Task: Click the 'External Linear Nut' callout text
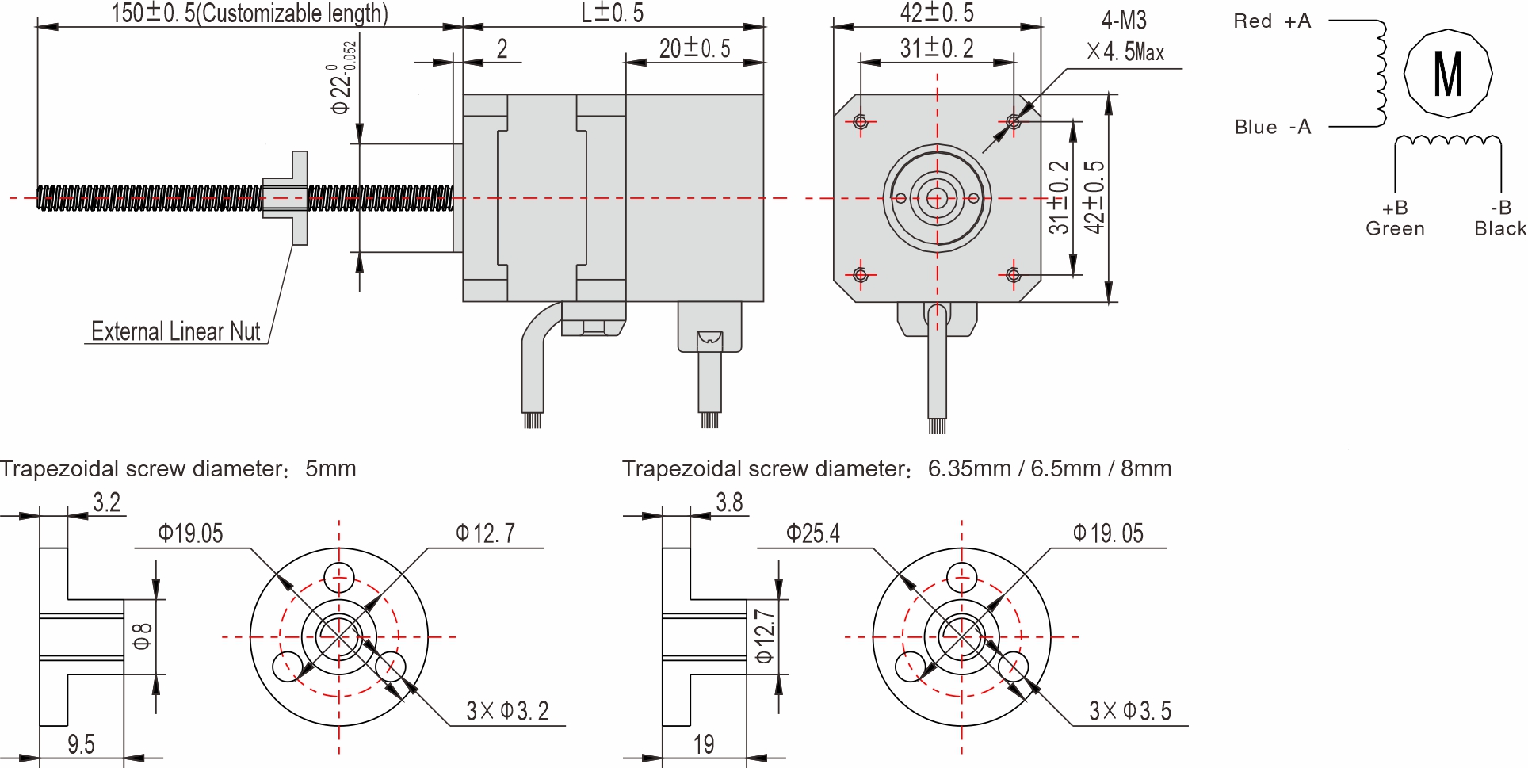point(175,331)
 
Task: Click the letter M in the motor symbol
point(1448,74)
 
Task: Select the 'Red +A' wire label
point(1272,21)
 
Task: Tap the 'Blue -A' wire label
point(1272,127)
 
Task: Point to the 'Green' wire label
point(1395,229)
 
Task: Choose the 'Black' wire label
point(1499,229)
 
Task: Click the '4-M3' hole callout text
point(1124,21)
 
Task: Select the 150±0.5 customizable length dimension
point(249,13)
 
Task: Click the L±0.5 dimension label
point(612,13)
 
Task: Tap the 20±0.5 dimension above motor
point(694,48)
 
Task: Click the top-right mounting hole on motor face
point(1014,121)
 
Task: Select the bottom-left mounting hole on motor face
point(861,275)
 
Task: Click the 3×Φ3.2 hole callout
point(507,711)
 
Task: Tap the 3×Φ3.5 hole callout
point(1130,711)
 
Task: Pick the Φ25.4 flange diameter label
point(812,533)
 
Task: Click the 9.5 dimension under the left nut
point(81,744)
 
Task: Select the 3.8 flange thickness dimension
point(729,502)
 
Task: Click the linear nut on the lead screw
point(288,198)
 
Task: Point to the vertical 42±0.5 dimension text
point(1094,197)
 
